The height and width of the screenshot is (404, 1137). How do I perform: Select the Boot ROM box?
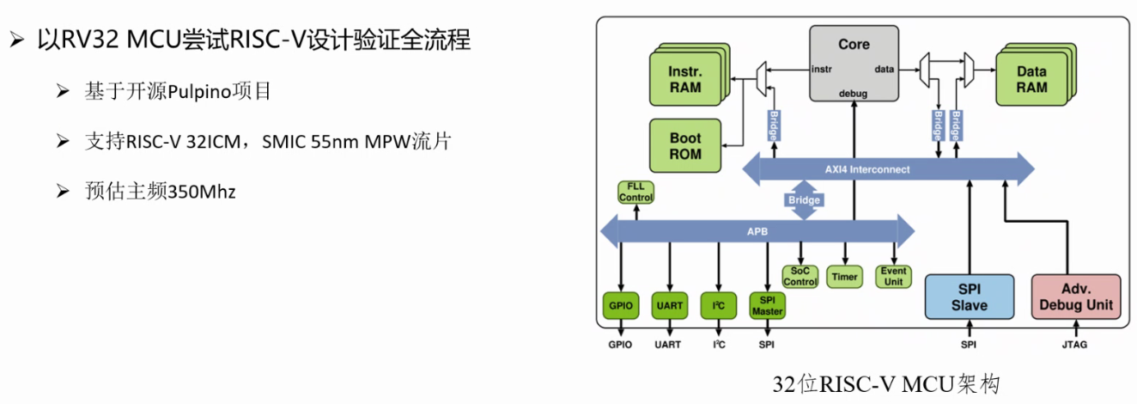pos(684,146)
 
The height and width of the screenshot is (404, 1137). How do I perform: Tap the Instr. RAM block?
pos(684,79)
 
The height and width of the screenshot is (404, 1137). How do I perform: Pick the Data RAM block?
pos(1031,79)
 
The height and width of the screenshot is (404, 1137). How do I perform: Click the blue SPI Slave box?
pos(969,297)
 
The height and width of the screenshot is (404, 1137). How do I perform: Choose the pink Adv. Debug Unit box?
pos(1076,297)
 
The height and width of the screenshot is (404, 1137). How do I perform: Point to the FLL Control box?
pos(635,192)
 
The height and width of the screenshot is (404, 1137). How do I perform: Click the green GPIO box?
pos(619,305)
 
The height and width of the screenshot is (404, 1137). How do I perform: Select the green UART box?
pos(669,305)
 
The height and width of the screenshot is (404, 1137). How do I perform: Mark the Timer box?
pos(844,277)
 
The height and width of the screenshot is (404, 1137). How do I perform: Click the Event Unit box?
pos(893,277)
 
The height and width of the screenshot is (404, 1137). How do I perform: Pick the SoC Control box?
pos(800,277)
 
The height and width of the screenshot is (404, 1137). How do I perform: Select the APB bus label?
pos(756,231)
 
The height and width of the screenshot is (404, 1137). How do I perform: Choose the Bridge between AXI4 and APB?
pos(804,199)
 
